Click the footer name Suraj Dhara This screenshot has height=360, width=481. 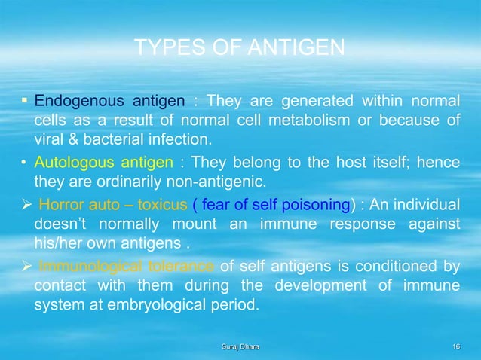pos(240,346)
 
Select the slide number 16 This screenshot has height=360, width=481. pos(454,346)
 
